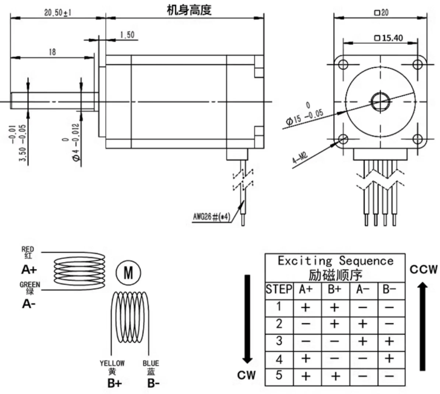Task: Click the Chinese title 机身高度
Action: click(x=188, y=10)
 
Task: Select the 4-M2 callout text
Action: click(x=300, y=159)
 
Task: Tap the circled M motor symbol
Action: click(x=128, y=274)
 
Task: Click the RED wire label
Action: click(x=28, y=249)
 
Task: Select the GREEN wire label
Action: click(x=30, y=285)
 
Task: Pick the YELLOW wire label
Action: click(x=112, y=363)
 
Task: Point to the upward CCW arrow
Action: click(x=422, y=326)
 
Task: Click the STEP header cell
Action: click(x=279, y=290)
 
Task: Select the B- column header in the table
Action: click(x=389, y=290)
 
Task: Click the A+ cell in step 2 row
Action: click(x=306, y=324)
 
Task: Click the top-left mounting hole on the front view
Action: click(x=343, y=64)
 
